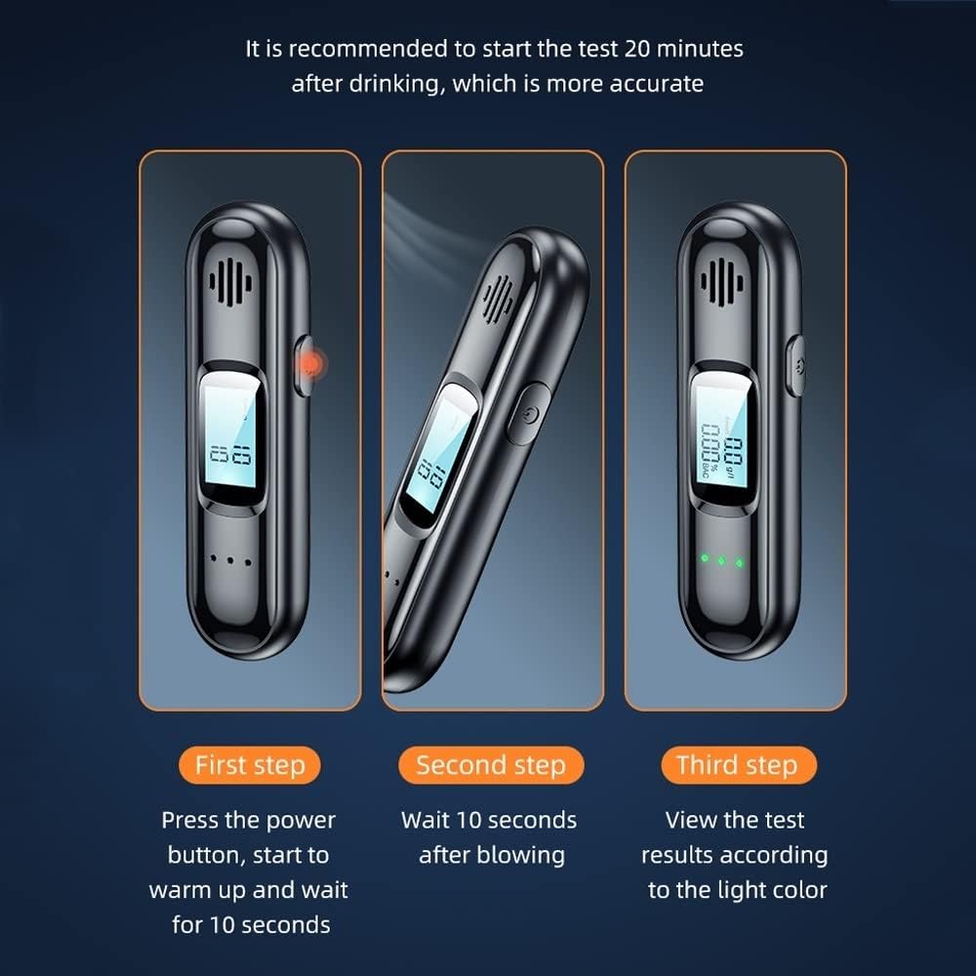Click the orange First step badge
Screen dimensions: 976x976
[x=250, y=765]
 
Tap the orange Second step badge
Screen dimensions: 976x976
[x=491, y=765]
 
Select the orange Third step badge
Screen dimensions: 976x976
[x=738, y=765]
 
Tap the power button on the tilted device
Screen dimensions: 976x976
[x=528, y=413]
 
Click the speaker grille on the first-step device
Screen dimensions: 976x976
[x=230, y=283]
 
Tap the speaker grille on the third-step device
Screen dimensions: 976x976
[x=721, y=283]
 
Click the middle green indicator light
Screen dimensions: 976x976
[x=722, y=561]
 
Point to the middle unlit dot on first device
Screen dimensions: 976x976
[x=230, y=561]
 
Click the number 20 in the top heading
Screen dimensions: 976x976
[x=637, y=49]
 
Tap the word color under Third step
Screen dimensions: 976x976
[x=800, y=890]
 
